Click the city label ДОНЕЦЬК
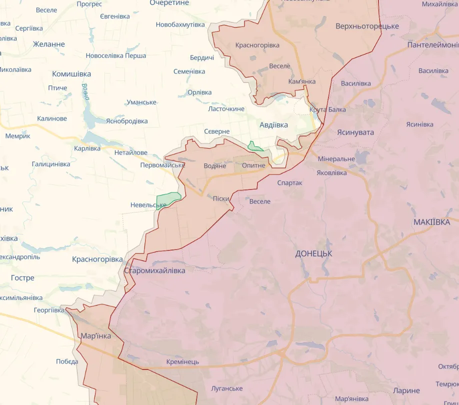point(313,253)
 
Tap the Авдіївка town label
point(273,125)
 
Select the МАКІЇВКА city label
point(431,222)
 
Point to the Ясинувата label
point(355,132)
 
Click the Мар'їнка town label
point(95,336)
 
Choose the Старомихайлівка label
point(154,270)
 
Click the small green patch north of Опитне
point(254,146)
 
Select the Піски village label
point(221,198)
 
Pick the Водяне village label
point(215,165)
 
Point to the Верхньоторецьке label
point(367,26)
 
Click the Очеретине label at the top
point(169,3)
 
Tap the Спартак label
point(290,183)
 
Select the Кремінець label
point(182,361)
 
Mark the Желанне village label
point(49,44)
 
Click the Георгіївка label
point(49,310)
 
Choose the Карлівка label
point(87,148)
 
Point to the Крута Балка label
point(327,109)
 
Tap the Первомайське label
point(162,165)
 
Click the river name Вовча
point(85,92)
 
